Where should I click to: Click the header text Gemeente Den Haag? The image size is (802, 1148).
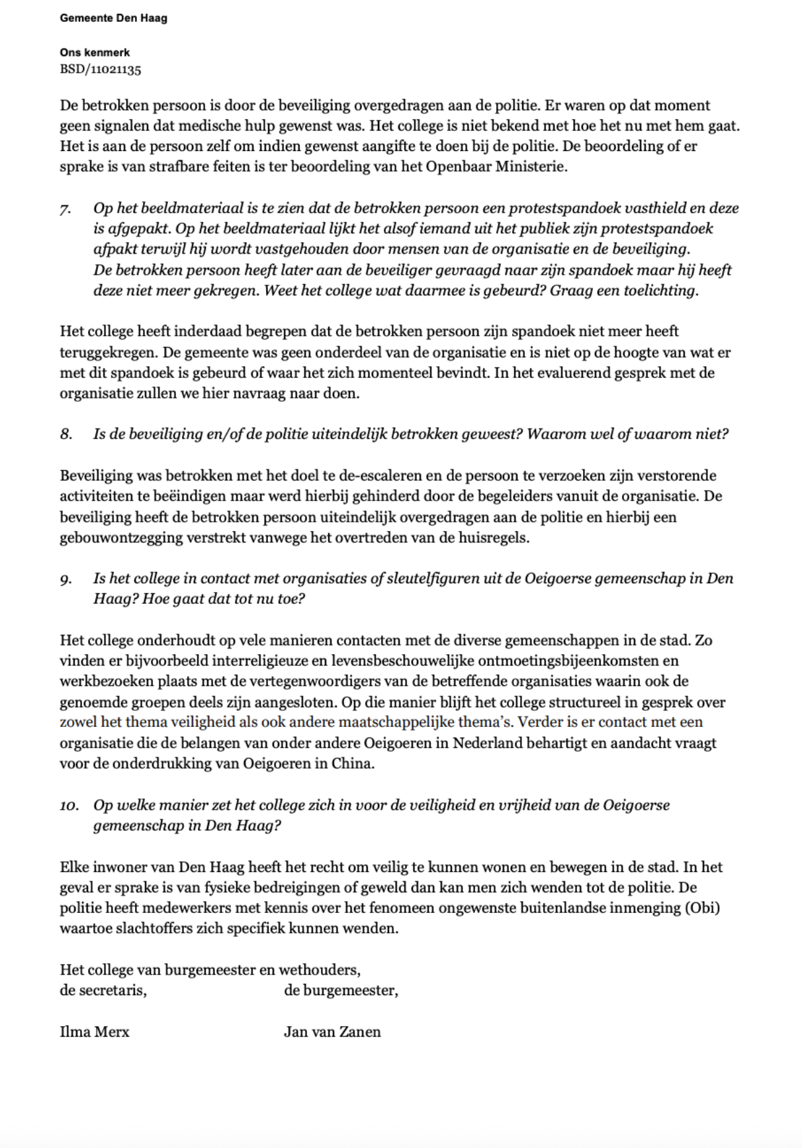point(113,18)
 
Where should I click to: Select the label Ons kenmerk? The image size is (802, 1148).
point(95,52)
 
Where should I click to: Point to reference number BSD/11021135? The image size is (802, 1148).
point(100,69)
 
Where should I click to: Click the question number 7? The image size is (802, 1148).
point(65,209)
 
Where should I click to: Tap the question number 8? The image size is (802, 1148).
point(66,434)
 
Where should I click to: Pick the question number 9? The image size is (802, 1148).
point(66,579)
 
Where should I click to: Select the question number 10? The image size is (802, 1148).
point(69,806)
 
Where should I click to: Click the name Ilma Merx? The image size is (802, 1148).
point(94,1031)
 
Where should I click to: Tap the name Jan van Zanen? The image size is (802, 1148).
point(332,1031)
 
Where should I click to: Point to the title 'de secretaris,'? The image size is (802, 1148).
point(103,990)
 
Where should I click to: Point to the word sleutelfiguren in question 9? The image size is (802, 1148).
point(433,579)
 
